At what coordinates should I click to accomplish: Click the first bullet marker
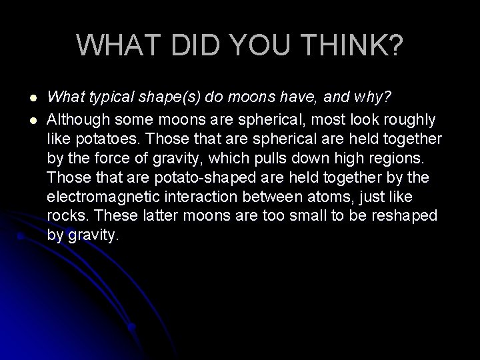(x=24, y=99)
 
